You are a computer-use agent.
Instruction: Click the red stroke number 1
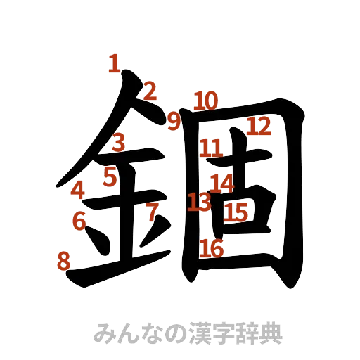pyautogui.click(x=113, y=64)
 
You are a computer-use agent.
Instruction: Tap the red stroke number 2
pyautogui.click(x=149, y=90)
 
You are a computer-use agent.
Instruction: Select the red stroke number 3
pyautogui.click(x=119, y=143)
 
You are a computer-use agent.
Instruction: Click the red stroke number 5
pyautogui.click(x=109, y=176)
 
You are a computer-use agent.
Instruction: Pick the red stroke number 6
pyautogui.click(x=79, y=221)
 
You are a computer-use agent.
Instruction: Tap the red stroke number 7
pyautogui.click(x=151, y=211)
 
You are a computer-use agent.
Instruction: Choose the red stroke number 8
pyautogui.click(x=63, y=262)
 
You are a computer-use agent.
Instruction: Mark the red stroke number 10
pyautogui.click(x=205, y=101)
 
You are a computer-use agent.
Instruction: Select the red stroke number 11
pyautogui.click(x=211, y=148)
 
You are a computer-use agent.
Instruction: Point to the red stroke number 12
pyautogui.click(x=258, y=127)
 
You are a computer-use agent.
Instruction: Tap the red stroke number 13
pyautogui.click(x=200, y=202)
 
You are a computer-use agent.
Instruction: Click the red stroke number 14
pyautogui.click(x=222, y=183)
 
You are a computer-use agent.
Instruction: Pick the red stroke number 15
pyautogui.click(x=238, y=211)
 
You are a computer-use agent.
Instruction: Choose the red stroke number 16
pyautogui.click(x=212, y=247)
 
